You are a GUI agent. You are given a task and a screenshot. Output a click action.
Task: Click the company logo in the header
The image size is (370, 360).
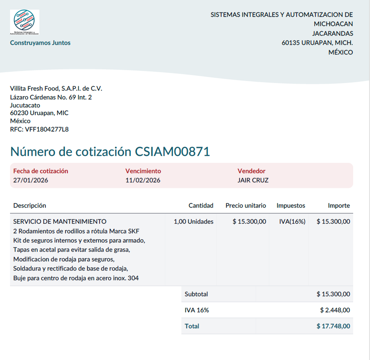24,22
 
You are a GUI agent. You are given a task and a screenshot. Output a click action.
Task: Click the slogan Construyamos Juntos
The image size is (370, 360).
40,43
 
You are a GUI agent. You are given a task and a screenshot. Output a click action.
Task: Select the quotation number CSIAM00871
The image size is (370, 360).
172,152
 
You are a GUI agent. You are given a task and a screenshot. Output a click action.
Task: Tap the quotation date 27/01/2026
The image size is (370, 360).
30,180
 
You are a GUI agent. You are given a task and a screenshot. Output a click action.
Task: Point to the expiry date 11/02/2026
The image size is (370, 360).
143,180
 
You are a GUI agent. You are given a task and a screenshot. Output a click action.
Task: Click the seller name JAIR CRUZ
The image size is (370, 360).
253,180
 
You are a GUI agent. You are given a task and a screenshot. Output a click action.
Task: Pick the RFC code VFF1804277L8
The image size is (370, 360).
47,129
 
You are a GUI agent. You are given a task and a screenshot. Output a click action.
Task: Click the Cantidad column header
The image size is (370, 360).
201,206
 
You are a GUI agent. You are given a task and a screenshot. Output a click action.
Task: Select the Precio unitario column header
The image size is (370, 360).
246,206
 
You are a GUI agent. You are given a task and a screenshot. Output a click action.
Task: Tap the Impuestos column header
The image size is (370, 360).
291,206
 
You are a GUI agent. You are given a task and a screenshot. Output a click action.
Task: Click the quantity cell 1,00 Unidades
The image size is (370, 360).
193,221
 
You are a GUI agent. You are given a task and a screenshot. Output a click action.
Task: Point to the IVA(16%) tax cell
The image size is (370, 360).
292,221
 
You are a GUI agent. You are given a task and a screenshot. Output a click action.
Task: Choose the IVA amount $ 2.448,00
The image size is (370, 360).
335,310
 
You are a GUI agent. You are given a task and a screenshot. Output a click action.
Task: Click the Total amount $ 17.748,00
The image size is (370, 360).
333,326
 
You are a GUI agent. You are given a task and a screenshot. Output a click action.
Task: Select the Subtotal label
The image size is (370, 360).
196,294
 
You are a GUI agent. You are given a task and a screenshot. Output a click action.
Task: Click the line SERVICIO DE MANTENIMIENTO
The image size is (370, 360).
60,221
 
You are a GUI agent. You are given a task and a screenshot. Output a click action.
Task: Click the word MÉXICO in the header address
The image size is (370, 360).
341,53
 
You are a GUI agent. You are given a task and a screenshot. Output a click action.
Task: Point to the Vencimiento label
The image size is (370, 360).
143,171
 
